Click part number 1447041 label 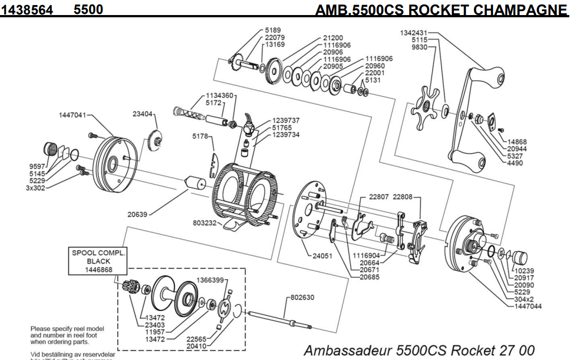tap(72, 115)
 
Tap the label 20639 tap(136, 213)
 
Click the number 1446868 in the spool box tap(99, 270)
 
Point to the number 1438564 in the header tap(31, 10)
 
